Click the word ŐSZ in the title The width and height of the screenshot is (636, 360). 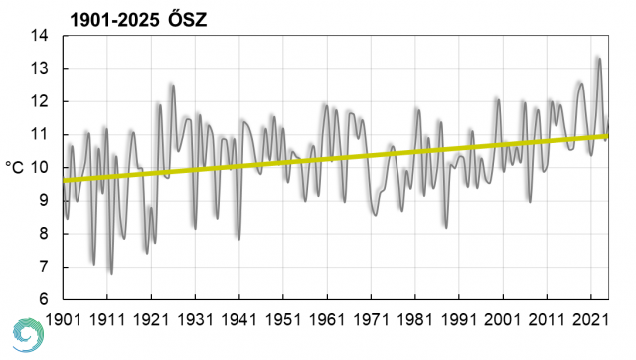[188, 20]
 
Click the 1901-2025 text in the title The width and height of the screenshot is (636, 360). [115, 20]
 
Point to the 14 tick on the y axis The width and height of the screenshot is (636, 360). [40, 36]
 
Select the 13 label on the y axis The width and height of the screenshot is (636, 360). [40, 69]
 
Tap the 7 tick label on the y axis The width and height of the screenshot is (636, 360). [44, 267]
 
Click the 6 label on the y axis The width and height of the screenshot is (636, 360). [44, 299]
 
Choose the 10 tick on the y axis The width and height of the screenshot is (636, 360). [40, 168]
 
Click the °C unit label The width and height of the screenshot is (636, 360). [15, 167]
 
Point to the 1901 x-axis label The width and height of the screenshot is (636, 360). [63, 319]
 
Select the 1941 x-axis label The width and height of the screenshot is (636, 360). [238, 319]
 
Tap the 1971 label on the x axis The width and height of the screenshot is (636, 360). [371, 319]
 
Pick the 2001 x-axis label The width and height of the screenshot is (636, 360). [503, 319]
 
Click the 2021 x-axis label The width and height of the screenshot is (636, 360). [590, 319]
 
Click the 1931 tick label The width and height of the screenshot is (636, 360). [195, 319]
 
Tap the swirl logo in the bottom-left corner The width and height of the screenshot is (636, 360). [28, 335]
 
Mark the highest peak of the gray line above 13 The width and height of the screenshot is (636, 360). [599, 59]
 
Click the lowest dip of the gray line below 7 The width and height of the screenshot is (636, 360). [111, 274]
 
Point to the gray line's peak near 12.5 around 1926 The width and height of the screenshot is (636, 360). [173, 86]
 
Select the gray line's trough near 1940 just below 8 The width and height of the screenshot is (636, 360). [239, 239]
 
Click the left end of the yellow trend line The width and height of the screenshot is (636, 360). [64, 181]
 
